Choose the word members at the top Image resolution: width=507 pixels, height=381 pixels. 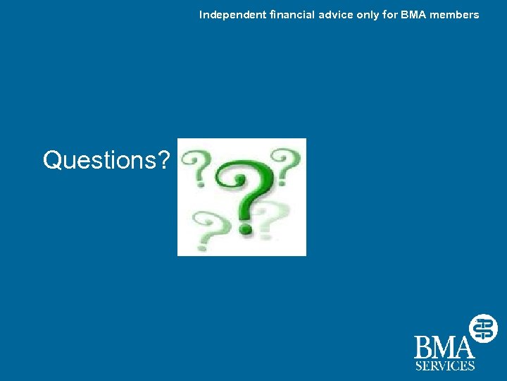(454, 15)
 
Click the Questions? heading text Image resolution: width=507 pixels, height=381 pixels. (106, 161)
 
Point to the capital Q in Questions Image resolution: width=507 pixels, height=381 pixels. (53, 160)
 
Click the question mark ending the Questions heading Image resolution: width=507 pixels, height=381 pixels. (163, 160)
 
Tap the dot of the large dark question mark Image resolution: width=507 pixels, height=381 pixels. (245, 228)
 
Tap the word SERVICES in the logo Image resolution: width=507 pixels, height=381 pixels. (444, 365)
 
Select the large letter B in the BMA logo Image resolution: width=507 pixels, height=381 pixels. (425, 348)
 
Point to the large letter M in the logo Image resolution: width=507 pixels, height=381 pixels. (445, 348)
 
